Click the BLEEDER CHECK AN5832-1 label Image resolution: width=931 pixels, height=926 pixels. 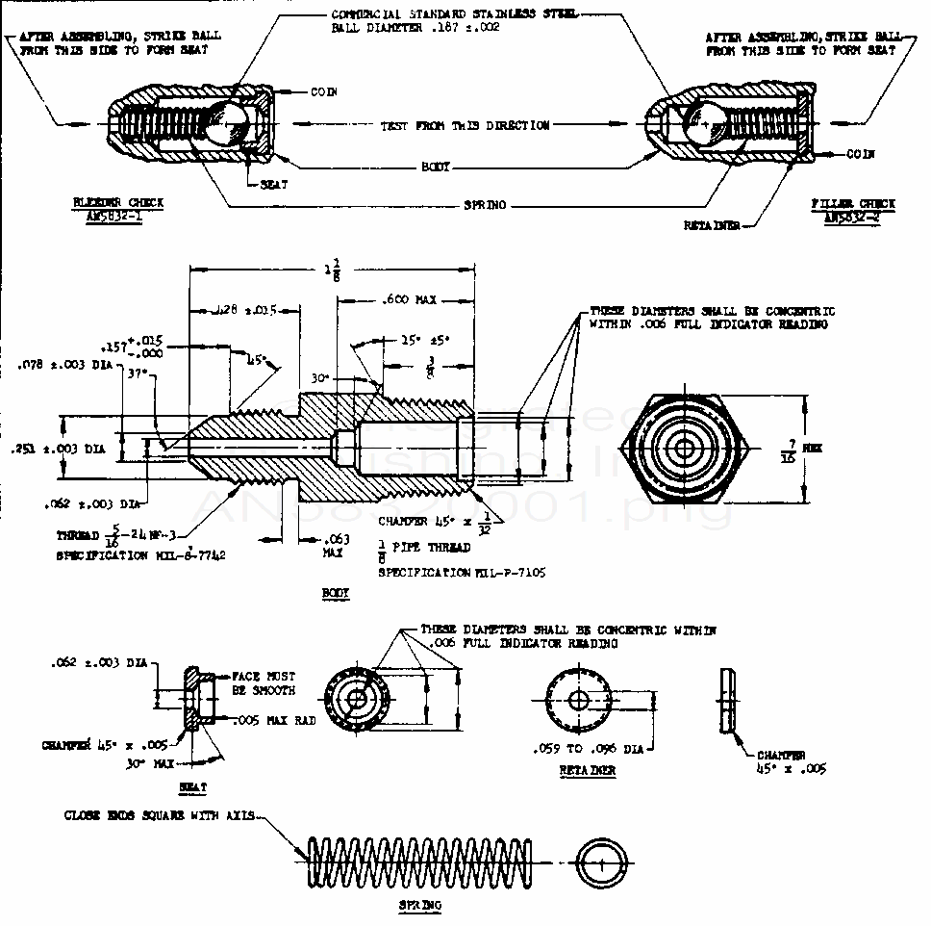coord(118,209)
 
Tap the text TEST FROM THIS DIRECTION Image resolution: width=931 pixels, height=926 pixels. coord(465,125)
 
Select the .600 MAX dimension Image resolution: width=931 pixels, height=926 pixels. coord(411,299)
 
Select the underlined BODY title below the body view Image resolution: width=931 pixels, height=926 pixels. coord(336,594)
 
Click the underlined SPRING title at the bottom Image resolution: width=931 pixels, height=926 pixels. coord(420,906)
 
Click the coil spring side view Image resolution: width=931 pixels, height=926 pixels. coord(418,862)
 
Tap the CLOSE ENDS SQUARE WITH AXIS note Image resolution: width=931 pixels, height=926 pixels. coord(160,815)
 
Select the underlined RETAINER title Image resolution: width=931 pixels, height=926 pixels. coord(587,771)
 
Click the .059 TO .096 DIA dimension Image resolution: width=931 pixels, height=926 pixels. coord(587,748)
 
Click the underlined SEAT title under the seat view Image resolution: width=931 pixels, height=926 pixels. coord(193,786)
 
